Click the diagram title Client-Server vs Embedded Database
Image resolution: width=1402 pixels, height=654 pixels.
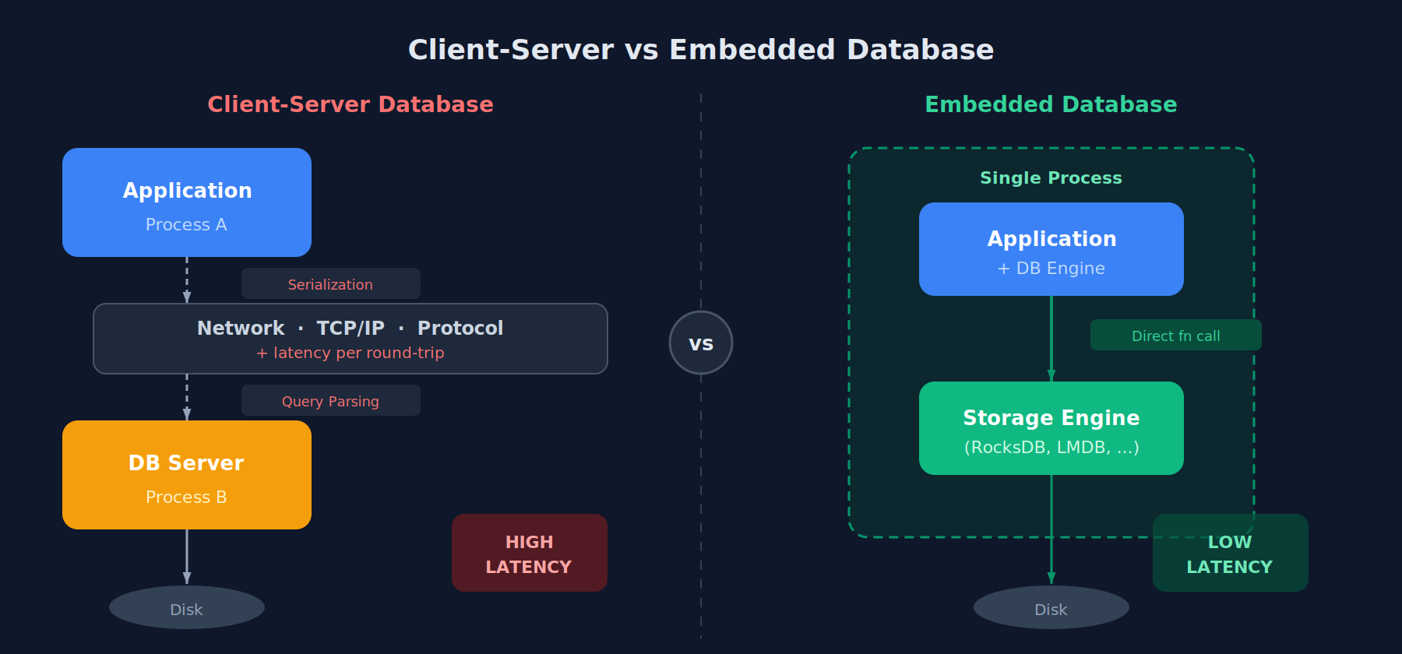701,50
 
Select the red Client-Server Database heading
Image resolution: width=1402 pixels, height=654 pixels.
350,104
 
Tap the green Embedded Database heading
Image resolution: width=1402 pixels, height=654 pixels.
1051,104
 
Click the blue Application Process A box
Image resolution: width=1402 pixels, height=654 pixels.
187,202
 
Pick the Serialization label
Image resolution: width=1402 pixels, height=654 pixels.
330,284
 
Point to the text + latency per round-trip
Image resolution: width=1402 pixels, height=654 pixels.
350,353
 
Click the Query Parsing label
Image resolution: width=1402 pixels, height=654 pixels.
330,401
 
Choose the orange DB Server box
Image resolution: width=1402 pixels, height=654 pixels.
187,475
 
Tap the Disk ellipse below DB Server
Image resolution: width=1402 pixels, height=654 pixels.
187,608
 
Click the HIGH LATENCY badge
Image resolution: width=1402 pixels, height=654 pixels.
530,553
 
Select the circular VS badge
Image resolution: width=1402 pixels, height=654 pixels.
701,343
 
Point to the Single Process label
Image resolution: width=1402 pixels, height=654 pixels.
1051,178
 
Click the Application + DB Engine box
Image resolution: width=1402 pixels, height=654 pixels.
1051,249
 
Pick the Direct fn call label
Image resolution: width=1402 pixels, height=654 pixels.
1175,336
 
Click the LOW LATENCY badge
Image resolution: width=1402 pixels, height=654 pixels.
1230,554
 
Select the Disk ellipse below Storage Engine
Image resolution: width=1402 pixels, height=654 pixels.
1051,608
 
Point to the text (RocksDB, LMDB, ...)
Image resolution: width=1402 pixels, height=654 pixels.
1051,448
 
